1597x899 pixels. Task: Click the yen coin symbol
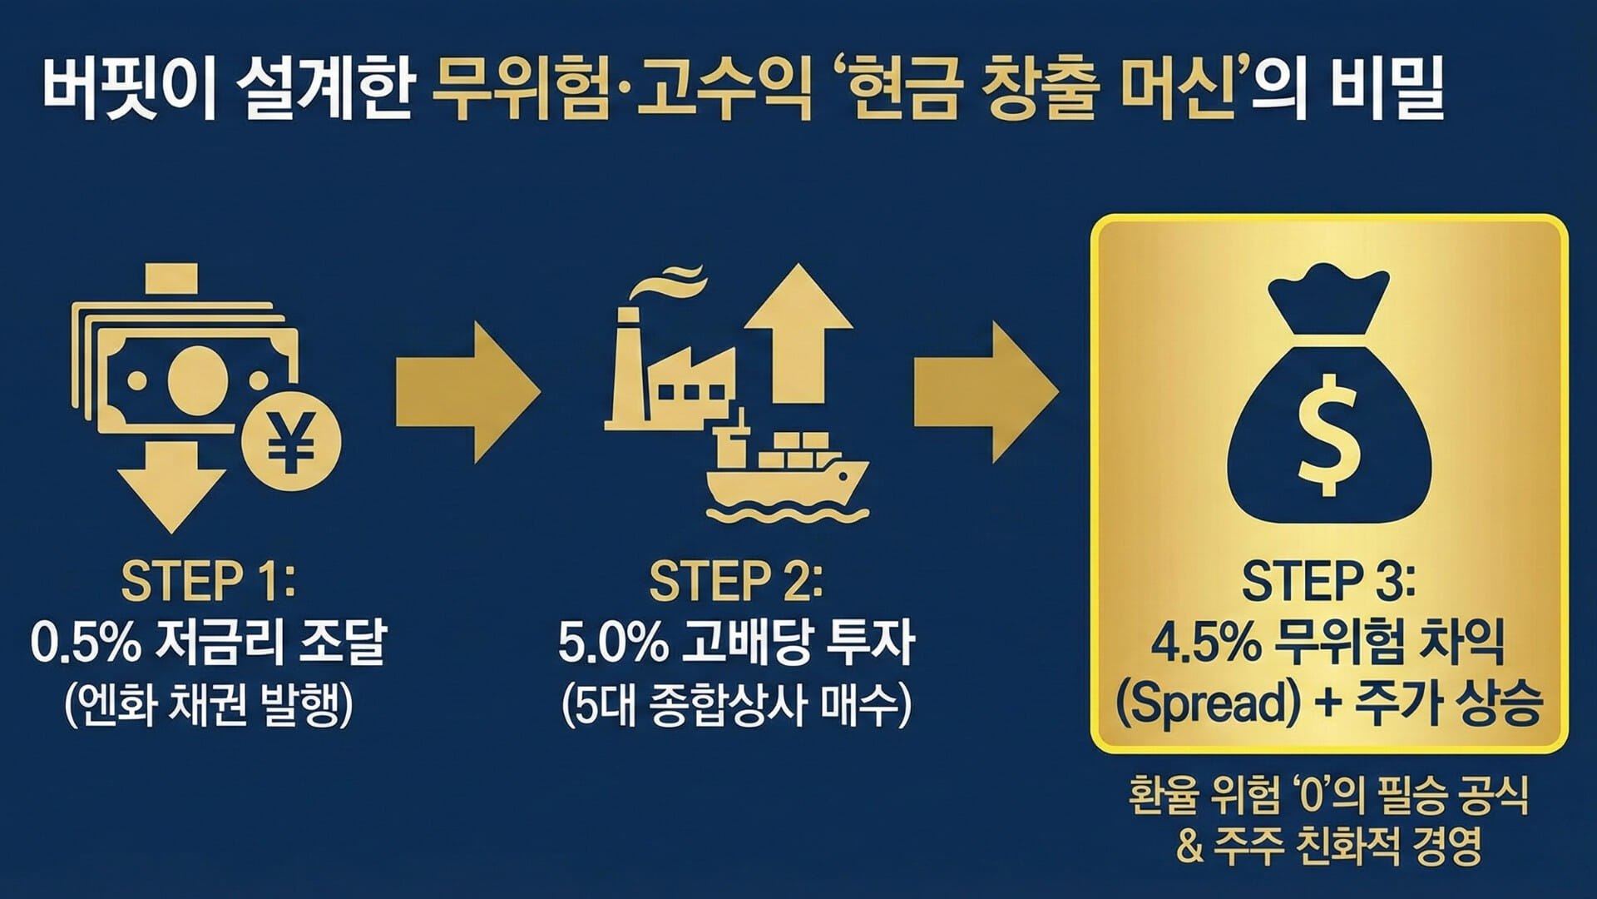(291, 440)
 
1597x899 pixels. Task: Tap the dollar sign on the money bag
(1328, 434)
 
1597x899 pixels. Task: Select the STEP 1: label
(208, 580)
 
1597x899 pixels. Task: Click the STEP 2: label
(735, 580)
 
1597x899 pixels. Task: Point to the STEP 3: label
(1328, 580)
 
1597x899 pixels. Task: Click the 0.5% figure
(86, 643)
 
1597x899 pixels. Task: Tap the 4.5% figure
(1205, 643)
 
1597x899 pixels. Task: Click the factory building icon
(665, 375)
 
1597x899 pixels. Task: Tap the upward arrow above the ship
(798, 333)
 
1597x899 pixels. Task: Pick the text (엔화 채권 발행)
(208, 705)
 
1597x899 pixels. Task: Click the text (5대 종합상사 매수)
(735, 705)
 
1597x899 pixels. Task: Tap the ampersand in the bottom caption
(1190, 847)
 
